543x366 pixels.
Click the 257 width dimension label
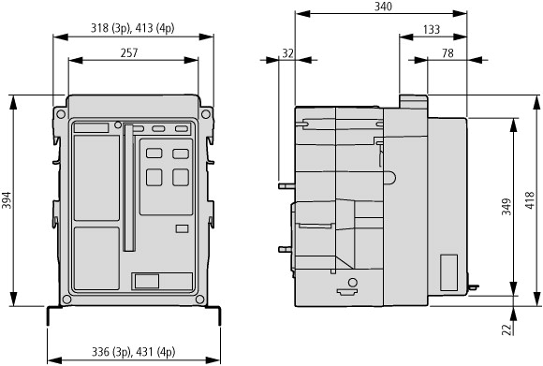129,52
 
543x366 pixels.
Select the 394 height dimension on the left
7,200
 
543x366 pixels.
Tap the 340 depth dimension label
383,7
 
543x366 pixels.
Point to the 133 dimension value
432,29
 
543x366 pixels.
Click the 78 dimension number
448,53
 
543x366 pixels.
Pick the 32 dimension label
287,53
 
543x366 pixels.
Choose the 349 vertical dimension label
506,207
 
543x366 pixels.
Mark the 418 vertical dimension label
530,200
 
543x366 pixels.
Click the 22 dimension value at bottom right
506,329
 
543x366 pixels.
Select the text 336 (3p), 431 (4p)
133,352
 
